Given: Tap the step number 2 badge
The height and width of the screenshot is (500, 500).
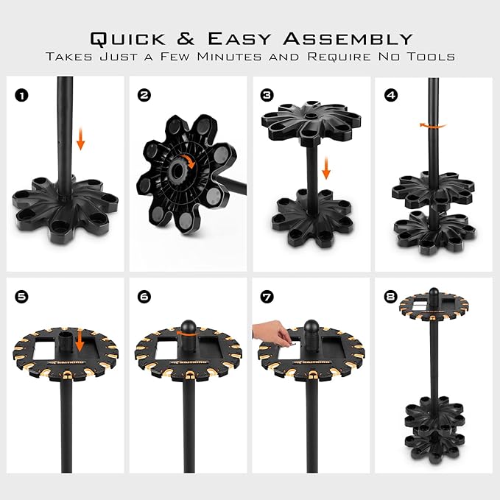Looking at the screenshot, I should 144,95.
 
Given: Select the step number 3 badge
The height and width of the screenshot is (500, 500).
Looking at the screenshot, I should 267,95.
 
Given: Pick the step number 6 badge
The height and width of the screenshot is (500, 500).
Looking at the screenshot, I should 144,296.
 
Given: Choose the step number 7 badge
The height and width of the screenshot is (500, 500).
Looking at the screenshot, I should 267,296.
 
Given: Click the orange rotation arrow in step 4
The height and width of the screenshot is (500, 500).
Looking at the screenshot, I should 432,126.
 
